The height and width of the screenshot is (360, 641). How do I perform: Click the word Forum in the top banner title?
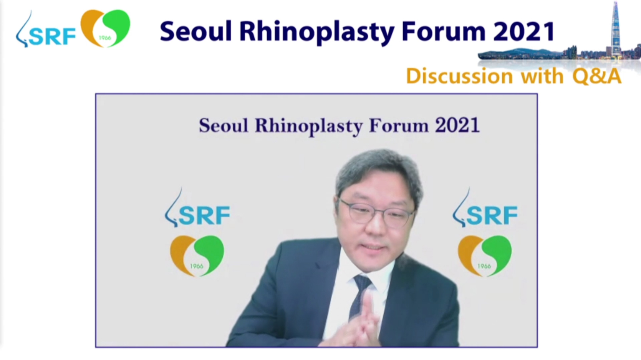(x=444, y=32)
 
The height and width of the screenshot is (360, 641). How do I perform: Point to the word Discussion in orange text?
(x=460, y=76)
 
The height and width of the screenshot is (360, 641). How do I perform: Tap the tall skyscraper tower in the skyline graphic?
(x=615, y=28)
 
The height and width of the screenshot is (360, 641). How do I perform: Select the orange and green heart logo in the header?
(x=105, y=28)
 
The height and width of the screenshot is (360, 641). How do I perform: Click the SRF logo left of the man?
(x=197, y=208)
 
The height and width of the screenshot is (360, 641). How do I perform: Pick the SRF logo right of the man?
(x=485, y=208)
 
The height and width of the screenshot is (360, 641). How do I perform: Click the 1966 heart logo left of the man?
(x=197, y=256)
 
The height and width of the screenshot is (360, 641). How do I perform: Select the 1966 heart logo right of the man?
(x=485, y=256)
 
